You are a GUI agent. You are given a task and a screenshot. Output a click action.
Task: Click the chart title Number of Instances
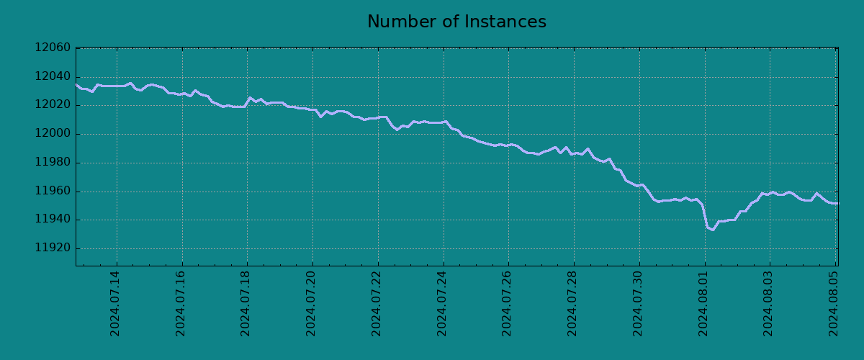(x=456, y=22)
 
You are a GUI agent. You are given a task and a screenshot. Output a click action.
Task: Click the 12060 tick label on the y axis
(x=53, y=48)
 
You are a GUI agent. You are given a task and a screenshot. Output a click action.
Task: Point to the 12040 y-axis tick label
(x=53, y=77)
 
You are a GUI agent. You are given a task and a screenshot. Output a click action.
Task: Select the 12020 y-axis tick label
(x=53, y=105)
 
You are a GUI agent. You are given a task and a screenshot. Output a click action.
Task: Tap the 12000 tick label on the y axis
(x=53, y=134)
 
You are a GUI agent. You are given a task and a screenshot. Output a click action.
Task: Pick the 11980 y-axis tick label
(x=53, y=163)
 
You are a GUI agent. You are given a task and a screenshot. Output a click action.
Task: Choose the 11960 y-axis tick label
(x=53, y=192)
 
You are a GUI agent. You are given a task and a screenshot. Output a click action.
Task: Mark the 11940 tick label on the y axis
(x=53, y=220)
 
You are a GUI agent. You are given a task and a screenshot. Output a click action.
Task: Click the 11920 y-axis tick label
(x=53, y=248)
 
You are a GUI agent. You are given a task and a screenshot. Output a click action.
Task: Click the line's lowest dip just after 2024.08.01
(x=712, y=230)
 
